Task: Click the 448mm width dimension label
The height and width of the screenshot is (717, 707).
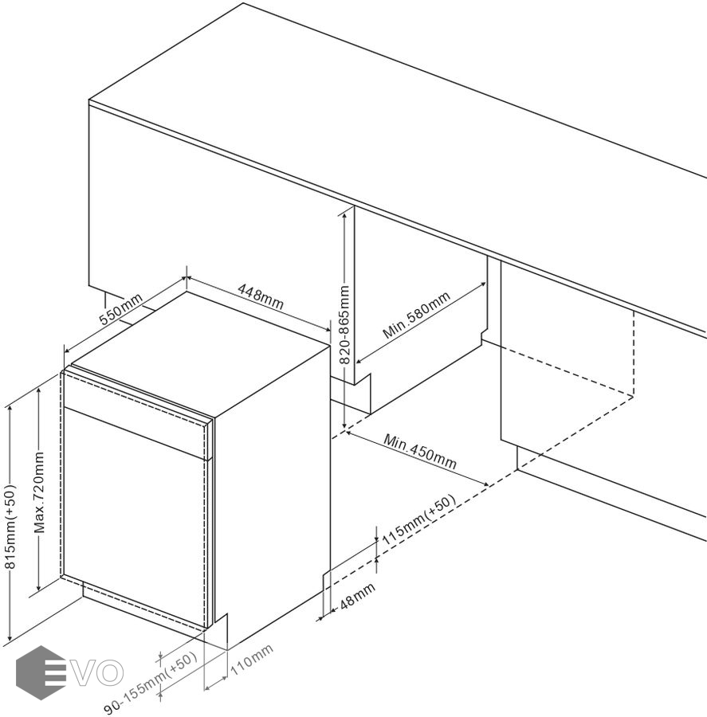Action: pos(261,296)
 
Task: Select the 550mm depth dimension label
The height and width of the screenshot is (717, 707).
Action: pos(121,308)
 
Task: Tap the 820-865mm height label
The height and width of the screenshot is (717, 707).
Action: pos(344,325)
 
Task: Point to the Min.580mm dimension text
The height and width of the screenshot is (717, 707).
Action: pos(416,315)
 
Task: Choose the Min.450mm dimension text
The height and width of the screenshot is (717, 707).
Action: pos(420,452)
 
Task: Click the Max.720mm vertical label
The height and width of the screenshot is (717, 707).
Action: pos(40,492)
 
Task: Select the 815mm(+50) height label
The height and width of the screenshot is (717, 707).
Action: pos(10,527)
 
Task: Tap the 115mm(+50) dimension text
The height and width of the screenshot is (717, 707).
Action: pos(418,519)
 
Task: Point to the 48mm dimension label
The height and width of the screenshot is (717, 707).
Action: pos(357,595)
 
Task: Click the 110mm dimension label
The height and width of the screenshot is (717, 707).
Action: pos(252,660)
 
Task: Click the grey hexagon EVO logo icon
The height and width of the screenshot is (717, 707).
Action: pos(41,672)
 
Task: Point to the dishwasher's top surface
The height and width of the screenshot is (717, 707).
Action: pos(202,352)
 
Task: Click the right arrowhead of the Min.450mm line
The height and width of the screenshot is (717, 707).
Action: pos(485,484)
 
